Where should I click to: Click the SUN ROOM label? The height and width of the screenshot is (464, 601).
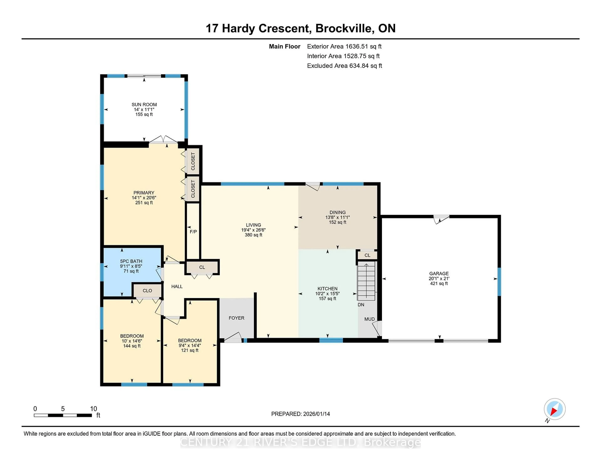coord(144,104)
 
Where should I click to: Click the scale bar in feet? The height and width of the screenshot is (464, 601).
coord(63,415)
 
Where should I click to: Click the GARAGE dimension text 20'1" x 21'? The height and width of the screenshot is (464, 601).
coord(439,278)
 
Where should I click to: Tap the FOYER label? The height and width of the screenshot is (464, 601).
coord(236,318)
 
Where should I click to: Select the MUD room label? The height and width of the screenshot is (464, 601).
coord(369,319)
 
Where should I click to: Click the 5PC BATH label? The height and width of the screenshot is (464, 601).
coord(131,261)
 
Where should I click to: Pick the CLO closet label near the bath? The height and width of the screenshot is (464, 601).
coord(147,291)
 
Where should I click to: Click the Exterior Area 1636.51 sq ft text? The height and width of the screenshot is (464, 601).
coord(344,46)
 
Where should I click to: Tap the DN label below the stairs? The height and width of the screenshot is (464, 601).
coord(361,305)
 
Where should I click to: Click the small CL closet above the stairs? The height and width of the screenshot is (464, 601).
coord(367,255)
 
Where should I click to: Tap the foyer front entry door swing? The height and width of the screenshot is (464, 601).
coord(233,338)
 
